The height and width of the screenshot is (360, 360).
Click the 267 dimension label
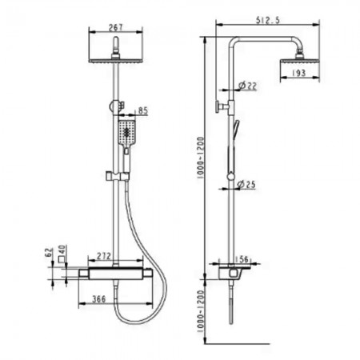[116, 27]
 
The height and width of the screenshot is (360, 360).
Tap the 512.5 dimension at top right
[268, 20]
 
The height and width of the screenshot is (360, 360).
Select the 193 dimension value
[298, 73]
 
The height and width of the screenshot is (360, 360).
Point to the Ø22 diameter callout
[247, 86]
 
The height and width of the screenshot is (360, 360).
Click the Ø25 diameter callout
[246, 184]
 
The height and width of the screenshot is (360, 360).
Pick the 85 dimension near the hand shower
[142, 110]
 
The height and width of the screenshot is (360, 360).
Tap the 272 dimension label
[103, 256]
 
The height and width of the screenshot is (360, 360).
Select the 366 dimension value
[99, 299]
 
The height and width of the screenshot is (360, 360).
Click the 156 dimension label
[242, 259]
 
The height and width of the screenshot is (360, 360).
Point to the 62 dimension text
[49, 253]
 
